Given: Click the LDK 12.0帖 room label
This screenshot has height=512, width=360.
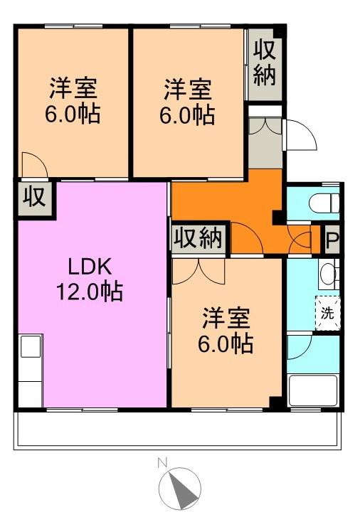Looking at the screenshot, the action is (x=90, y=279).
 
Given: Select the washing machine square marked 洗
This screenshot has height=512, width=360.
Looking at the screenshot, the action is (x=328, y=313).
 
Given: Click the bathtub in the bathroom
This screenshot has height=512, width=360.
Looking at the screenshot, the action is (x=313, y=390).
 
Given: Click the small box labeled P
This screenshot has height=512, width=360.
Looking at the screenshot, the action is (x=332, y=240).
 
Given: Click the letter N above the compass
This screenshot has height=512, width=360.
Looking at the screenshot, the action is (x=162, y=463).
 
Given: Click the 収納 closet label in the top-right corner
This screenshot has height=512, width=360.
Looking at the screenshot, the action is (x=265, y=64).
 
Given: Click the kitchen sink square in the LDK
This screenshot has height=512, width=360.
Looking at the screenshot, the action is (x=31, y=346).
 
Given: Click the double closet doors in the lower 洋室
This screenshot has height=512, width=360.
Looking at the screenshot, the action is (x=198, y=272).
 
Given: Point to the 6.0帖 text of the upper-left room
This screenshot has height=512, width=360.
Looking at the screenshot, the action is (x=73, y=114).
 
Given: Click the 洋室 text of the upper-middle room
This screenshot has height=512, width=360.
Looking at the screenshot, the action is (x=188, y=90).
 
